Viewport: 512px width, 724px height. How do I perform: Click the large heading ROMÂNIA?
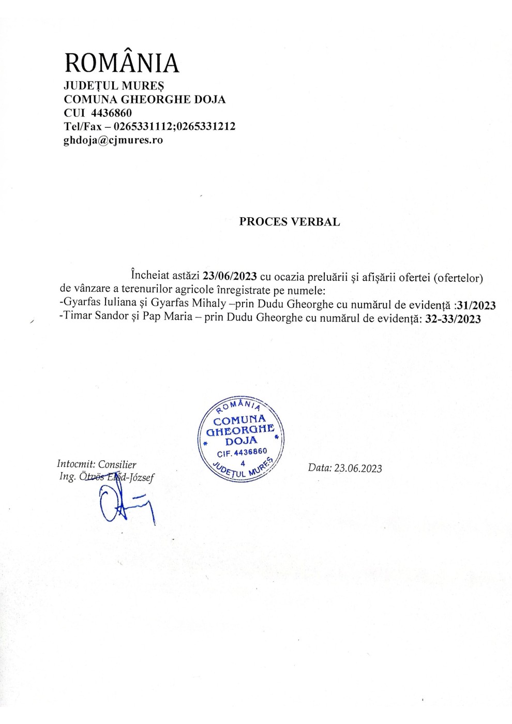[122, 63]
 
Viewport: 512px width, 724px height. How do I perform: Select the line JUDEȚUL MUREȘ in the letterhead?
[114, 86]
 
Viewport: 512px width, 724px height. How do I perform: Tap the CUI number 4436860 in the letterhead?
[111, 113]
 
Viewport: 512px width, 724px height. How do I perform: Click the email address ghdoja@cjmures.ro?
[113, 140]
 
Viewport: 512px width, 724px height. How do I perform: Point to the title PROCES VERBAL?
[289, 222]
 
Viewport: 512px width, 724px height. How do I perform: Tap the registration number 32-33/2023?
[453, 319]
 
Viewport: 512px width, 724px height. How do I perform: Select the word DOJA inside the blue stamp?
[241, 441]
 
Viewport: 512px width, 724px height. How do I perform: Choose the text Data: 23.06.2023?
[345, 468]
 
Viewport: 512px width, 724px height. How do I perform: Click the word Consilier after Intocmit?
[117, 464]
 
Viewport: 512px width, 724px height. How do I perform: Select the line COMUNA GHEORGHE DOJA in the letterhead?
[144, 99]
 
